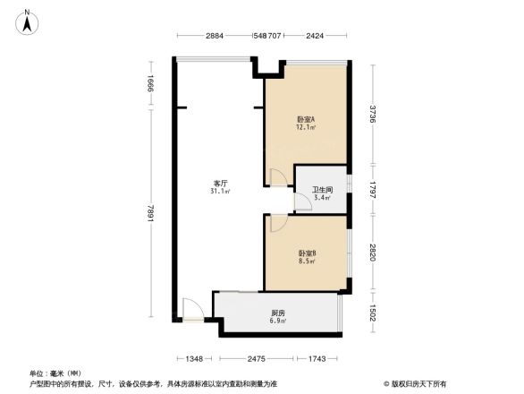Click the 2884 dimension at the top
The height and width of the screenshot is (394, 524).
pyautogui.click(x=215, y=36)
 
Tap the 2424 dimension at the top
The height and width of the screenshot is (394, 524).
pyautogui.click(x=315, y=36)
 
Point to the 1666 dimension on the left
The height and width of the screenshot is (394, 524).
pyautogui.click(x=153, y=87)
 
